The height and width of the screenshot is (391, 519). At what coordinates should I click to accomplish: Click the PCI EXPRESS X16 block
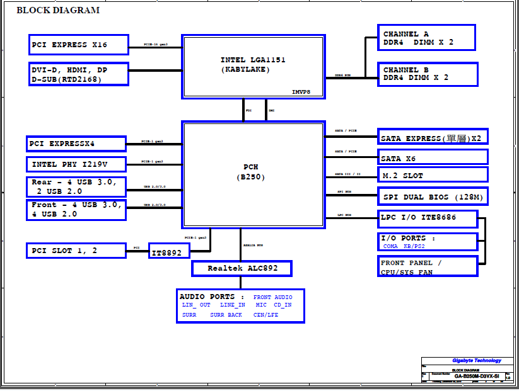pyautogui.click(x=79, y=45)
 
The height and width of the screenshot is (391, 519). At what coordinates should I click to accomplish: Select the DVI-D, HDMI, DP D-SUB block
pyautogui.click(x=79, y=74)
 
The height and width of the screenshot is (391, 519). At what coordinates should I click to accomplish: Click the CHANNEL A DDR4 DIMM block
pyautogui.click(x=427, y=38)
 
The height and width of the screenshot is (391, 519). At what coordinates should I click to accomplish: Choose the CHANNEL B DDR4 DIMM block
pyautogui.click(x=427, y=74)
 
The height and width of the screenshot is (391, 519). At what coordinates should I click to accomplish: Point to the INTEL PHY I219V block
pyautogui.click(x=76, y=164)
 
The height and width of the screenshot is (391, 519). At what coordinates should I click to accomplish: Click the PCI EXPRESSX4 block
pyautogui.click(x=76, y=144)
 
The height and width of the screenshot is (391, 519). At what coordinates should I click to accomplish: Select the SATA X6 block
pyautogui.click(x=433, y=157)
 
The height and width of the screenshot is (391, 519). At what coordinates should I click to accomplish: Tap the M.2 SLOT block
pyautogui.click(x=433, y=175)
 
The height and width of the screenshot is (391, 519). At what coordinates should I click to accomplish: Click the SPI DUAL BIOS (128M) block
pyautogui.click(x=433, y=196)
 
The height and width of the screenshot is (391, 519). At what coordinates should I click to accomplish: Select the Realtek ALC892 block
pyautogui.click(x=242, y=268)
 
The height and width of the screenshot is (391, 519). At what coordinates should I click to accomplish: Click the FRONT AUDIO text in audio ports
pyautogui.click(x=273, y=297)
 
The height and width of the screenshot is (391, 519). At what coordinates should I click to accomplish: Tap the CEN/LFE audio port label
pyautogui.click(x=265, y=315)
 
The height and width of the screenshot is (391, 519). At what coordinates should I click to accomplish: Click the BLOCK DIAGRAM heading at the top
pyautogui.click(x=57, y=10)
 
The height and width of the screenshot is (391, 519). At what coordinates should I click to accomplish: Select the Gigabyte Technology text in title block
pyautogui.click(x=476, y=361)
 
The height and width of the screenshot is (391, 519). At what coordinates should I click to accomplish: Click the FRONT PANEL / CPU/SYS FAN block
pyautogui.click(x=428, y=267)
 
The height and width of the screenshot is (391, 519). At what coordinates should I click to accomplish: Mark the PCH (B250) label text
pyautogui.click(x=251, y=172)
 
